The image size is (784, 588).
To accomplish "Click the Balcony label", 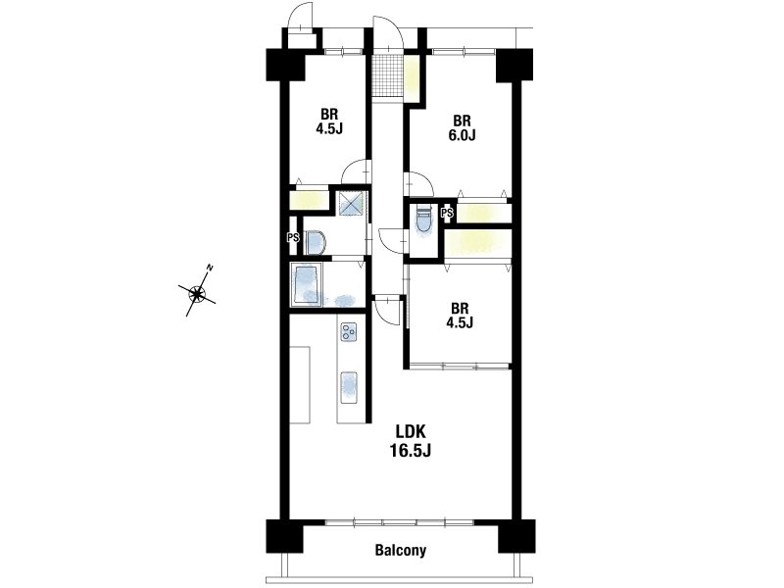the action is pyautogui.click(x=401, y=551).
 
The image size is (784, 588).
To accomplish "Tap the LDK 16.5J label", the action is pyautogui.click(x=410, y=440).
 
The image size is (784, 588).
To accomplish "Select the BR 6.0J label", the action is pyautogui.click(x=462, y=128).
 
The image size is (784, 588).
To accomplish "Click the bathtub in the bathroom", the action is pyautogui.click(x=307, y=284).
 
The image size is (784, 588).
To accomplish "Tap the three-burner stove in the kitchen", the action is pyautogui.click(x=349, y=332).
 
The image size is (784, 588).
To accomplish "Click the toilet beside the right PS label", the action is pyautogui.click(x=422, y=220).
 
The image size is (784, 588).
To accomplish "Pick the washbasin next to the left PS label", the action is pyautogui.click(x=315, y=242).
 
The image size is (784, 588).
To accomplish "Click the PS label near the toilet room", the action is pyautogui.click(x=448, y=214).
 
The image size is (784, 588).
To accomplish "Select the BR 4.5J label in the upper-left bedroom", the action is pyautogui.click(x=329, y=122).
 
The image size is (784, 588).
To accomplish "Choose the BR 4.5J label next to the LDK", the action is pyautogui.click(x=460, y=315).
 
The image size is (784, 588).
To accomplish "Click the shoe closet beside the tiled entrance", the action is pyautogui.click(x=411, y=78).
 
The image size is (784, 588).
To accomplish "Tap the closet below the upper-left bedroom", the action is pyautogui.click(x=309, y=200).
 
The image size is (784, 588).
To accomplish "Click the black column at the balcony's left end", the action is pyautogui.click(x=284, y=536).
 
